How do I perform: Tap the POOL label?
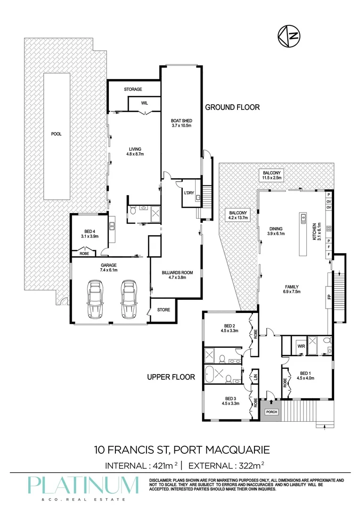(57, 134)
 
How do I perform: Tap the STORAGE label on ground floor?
(133, 89)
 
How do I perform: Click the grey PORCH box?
(271, 411)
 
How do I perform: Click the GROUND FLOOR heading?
(232, 107)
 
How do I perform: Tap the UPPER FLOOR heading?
(171, 377)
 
